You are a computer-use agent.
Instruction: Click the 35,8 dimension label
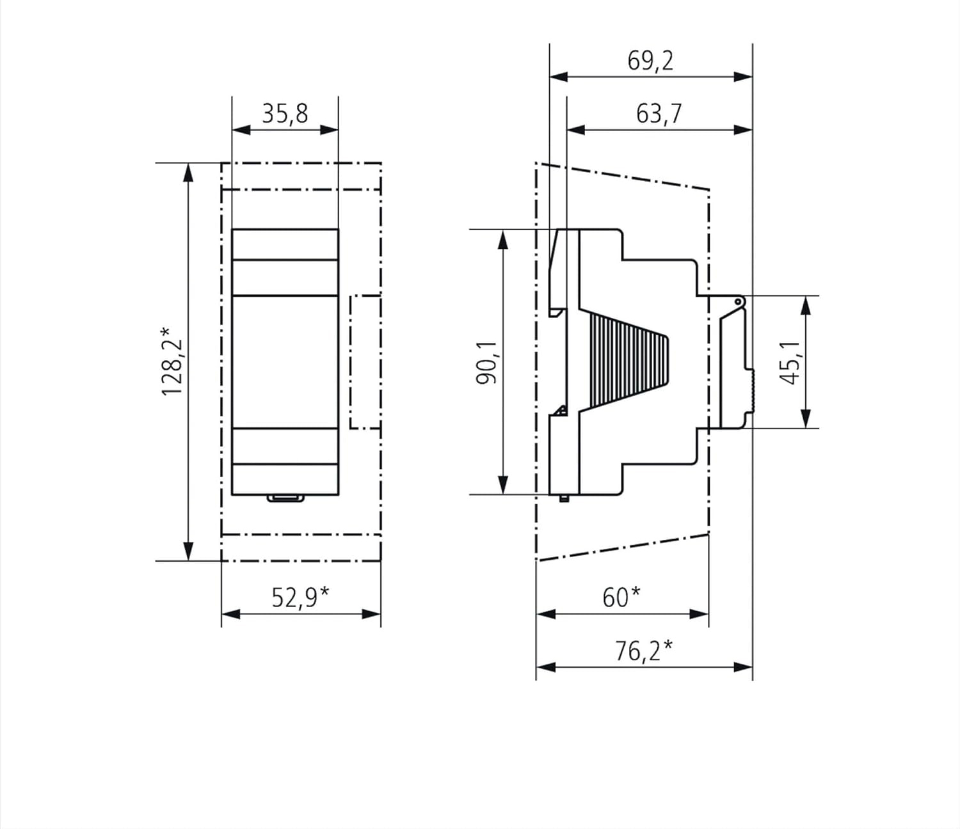tap(285, 114)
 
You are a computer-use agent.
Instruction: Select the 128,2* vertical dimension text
tap(172, 361)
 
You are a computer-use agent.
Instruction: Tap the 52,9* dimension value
tap(300, 597)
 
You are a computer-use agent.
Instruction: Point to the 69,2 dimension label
tap(650, 61)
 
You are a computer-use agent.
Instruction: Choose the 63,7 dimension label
tap(659, 114)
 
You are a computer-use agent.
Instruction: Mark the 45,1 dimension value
tap(790, 363)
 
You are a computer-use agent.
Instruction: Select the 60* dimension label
tap(621, 597)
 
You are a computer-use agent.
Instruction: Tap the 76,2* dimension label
tap(644, 651)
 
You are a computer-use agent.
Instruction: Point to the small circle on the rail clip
tap(738, 302)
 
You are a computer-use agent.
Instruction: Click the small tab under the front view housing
tap(285, 498)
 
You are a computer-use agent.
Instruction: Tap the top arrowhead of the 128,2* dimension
tap(188, 172)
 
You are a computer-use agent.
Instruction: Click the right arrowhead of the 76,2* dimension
tap(743, 667)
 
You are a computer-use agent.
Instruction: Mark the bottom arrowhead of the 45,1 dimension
tap(806, 419)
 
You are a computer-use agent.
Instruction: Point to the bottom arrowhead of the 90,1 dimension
tap(502, 485)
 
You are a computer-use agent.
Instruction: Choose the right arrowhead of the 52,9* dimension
tap(372, 614)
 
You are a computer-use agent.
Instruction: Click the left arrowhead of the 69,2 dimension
tap(559, 77)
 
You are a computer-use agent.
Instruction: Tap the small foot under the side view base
tap(564, 498)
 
